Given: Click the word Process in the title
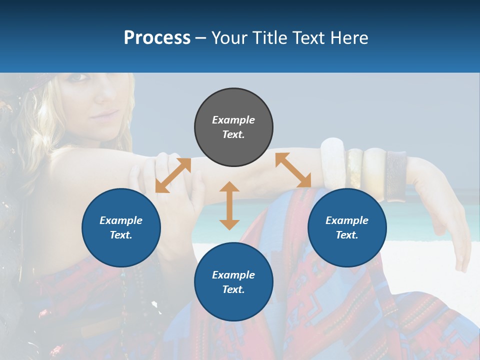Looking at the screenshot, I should tap(157, 38).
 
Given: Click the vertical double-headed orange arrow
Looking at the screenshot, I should tap(229, 205).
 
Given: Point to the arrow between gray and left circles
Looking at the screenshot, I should tap(173, 175).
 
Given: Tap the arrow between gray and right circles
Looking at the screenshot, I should tap(293, 170).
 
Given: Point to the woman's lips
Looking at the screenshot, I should tap(104, 116).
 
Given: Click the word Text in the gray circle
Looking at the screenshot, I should tap(233, 134).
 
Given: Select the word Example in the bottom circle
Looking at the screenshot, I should tap(233, 274).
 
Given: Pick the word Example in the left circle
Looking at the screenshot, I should tap(121, 220).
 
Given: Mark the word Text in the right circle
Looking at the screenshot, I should tap(347, 235).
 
